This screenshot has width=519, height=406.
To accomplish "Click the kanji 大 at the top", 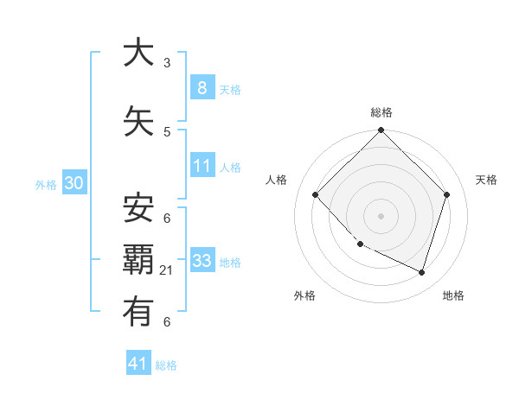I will (138, 54).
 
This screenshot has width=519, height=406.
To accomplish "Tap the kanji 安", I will (138, 207).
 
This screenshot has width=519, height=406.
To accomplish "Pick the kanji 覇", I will (138, 260).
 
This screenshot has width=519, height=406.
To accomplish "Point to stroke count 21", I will (167, 270).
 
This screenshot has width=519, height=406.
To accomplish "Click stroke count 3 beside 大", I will (167, 63).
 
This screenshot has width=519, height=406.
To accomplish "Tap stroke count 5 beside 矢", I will (167, 132).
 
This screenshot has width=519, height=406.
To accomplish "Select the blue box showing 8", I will (202, 88).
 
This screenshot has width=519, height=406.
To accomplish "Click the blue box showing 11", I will (202, 166).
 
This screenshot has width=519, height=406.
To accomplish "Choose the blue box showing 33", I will (202, 261).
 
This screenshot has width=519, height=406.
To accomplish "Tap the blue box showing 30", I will (74, 183).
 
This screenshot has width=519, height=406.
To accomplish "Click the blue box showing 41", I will (138, 364).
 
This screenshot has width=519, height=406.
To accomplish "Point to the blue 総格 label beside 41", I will (166, 365).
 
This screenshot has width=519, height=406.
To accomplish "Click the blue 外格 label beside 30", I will (46, 184).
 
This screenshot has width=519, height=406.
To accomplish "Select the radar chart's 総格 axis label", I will (381, 112).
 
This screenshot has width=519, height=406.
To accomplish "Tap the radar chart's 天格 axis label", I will (487, 180).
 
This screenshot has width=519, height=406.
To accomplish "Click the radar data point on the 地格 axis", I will (422, 272).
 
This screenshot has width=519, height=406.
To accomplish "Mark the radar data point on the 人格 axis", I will (316, 195).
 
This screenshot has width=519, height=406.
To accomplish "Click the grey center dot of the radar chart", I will (381, 215).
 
